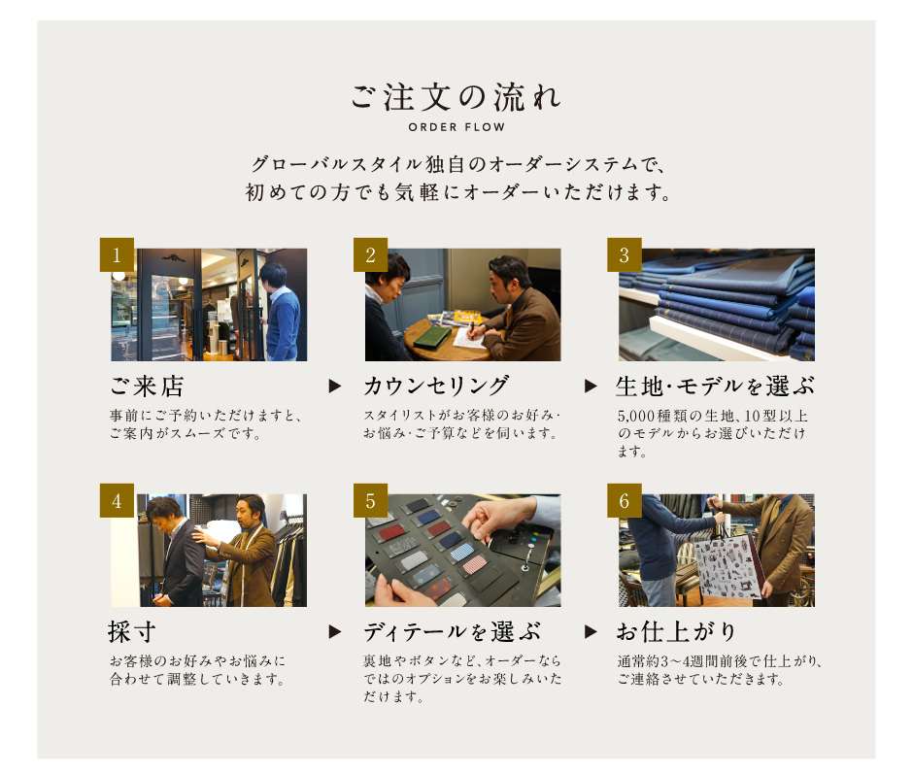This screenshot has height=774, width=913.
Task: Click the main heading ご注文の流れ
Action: (x=456, y=97)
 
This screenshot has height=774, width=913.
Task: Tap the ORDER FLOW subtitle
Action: (x=456, y=127)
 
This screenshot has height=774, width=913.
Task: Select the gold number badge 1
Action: (x=117, y=254)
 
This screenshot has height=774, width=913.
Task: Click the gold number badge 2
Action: (x=370, y=254)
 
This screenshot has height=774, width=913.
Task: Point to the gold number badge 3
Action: (x=625, y=254)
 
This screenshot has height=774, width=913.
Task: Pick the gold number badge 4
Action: (x=117, y=500)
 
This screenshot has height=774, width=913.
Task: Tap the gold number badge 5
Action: (x=370, y=500)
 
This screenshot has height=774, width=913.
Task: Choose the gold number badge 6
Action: (x=625, y=500)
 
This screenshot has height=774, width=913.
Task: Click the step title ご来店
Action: (x=147, y=387)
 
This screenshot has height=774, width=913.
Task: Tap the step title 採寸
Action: (x=131, y=632)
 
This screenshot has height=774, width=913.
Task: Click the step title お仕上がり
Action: (x=677, y=632)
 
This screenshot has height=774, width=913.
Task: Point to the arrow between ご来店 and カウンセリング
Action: (x=335, y=386)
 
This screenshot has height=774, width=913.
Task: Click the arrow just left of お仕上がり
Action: (x=590, y=631)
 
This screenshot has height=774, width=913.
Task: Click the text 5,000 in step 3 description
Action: (x=633, y=416)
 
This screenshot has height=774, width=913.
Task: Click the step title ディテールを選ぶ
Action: (x=453, y=632)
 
